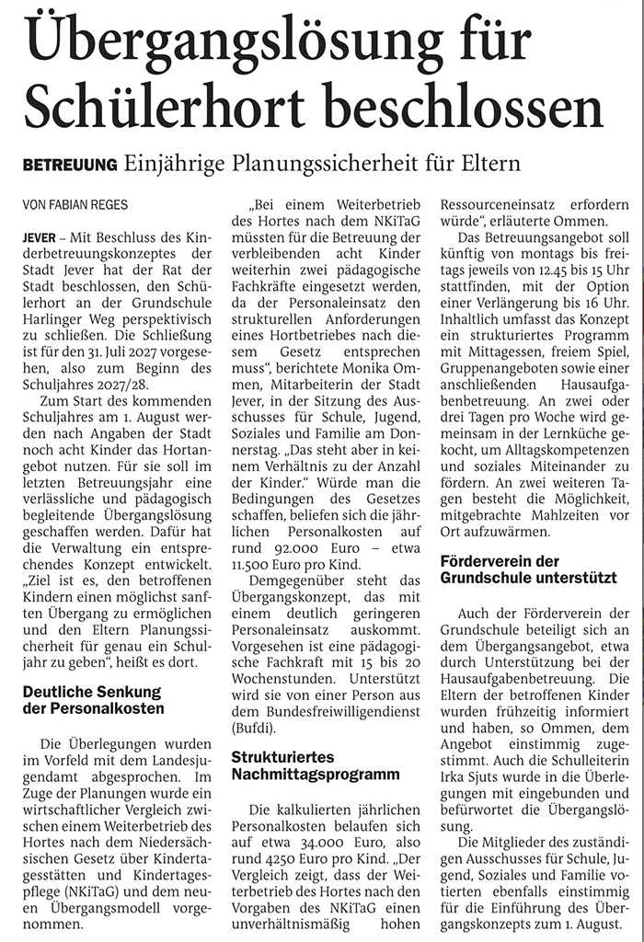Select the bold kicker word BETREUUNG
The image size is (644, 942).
point(70,165)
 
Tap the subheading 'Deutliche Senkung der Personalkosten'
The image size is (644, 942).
point(91,700)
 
